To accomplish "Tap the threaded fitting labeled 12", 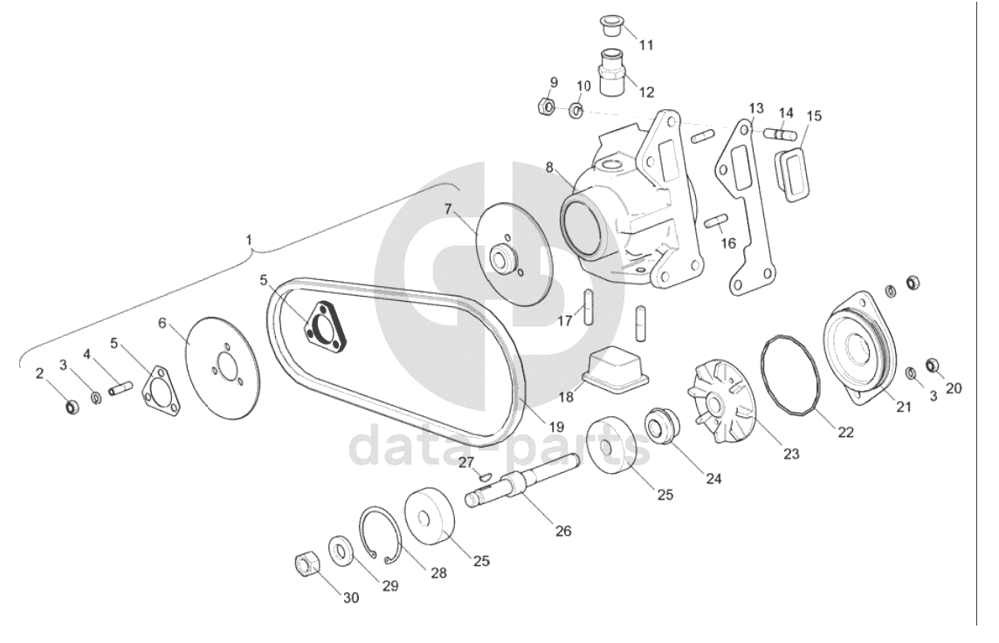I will pos(610,71).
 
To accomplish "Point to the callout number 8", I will pos(549,167).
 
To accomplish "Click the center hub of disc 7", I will pos(504,257).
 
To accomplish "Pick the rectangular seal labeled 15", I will pos(793,173).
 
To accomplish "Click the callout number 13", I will pos(756,108).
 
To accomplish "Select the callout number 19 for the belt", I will pos(556,428).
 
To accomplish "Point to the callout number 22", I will pos(845,432).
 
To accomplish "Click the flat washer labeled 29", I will pos(340,550).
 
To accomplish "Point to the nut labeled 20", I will pos(932,364).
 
